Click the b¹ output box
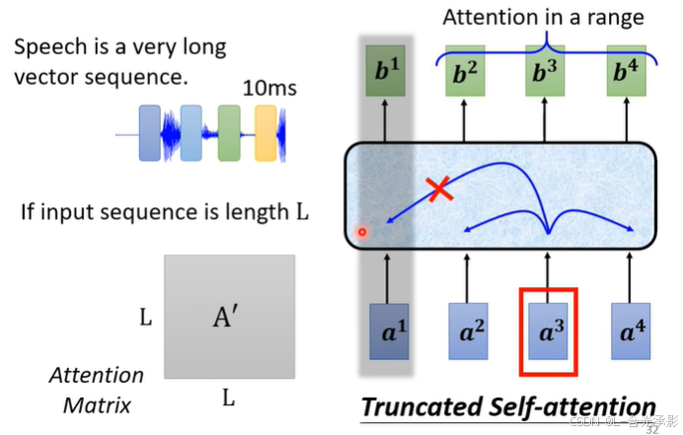tap(385, 71)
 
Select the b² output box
tap(465, 71)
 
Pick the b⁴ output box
tap(627, 71)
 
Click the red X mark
tap(440, 191)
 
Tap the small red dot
tap(362, 233)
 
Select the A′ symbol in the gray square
tap(228, 316)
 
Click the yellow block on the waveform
tap(266, 133)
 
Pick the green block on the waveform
tap(229, 133)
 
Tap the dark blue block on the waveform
tap(150, 132)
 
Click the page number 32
tap(651, 429)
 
